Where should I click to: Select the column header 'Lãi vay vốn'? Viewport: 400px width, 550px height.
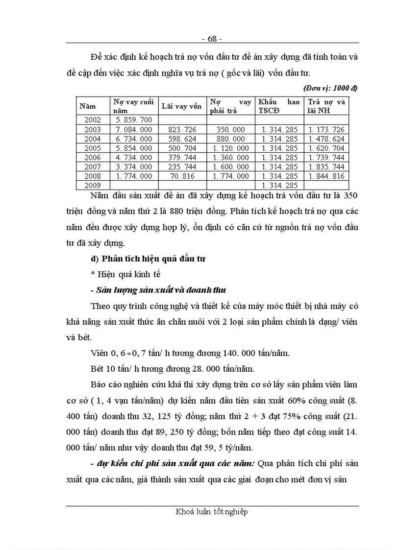tap(181, 106)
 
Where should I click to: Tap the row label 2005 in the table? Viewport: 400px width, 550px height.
tap(93, 148)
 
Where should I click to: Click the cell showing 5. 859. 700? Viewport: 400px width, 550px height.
tap(134, 120)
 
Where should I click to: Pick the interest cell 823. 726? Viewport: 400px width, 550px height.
tap(182, 130)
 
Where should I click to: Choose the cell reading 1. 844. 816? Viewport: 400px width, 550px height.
tap(326, 176)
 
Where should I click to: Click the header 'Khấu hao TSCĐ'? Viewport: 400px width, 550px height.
tap(278, 106)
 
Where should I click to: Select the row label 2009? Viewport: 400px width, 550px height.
tap(93, 186)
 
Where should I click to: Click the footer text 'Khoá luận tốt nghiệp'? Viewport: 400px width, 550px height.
tap(212, 512)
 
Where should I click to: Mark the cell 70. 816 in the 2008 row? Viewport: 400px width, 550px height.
tap(182, 176)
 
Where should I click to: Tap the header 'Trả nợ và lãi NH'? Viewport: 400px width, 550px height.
tap(326, 106)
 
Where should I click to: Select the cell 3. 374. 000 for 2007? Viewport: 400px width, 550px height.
tap(134, 167)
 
